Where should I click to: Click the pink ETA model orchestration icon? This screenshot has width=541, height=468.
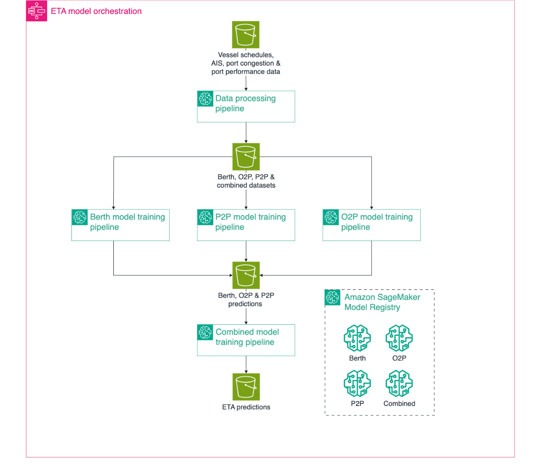click(37, 11)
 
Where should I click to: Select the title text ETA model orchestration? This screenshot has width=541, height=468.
click(96, 11)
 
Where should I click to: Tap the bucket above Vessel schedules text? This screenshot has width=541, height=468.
click(246, 35)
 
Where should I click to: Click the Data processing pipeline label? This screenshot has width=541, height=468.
click(245, 103)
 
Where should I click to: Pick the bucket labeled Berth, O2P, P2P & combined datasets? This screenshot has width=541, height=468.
click(246, 156)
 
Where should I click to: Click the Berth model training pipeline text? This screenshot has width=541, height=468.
click(127, 222)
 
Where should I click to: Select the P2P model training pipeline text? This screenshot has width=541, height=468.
click(250, 222)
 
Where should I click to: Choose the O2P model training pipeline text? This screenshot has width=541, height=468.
click(377, 222)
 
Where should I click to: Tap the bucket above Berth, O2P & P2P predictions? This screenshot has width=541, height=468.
click(246, 275)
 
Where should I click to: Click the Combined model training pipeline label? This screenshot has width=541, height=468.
click(247, 337)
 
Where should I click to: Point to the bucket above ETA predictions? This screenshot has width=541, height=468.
click(246, 387)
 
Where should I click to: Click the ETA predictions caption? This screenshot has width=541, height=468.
click(246, 407)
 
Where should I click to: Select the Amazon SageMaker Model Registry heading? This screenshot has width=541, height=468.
click(382, 302)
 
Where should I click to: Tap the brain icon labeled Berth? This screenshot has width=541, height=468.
click(357, 338)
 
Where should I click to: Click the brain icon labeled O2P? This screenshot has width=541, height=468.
click(399, 338)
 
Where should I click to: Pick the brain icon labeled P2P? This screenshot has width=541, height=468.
click(357, 383)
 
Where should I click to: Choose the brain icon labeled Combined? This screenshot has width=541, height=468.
click(399, 383)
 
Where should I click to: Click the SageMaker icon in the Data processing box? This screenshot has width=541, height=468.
click(205, 99)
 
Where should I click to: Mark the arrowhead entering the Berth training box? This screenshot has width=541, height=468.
click(113, 208)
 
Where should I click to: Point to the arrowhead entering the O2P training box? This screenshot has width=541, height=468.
click(371, 208)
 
